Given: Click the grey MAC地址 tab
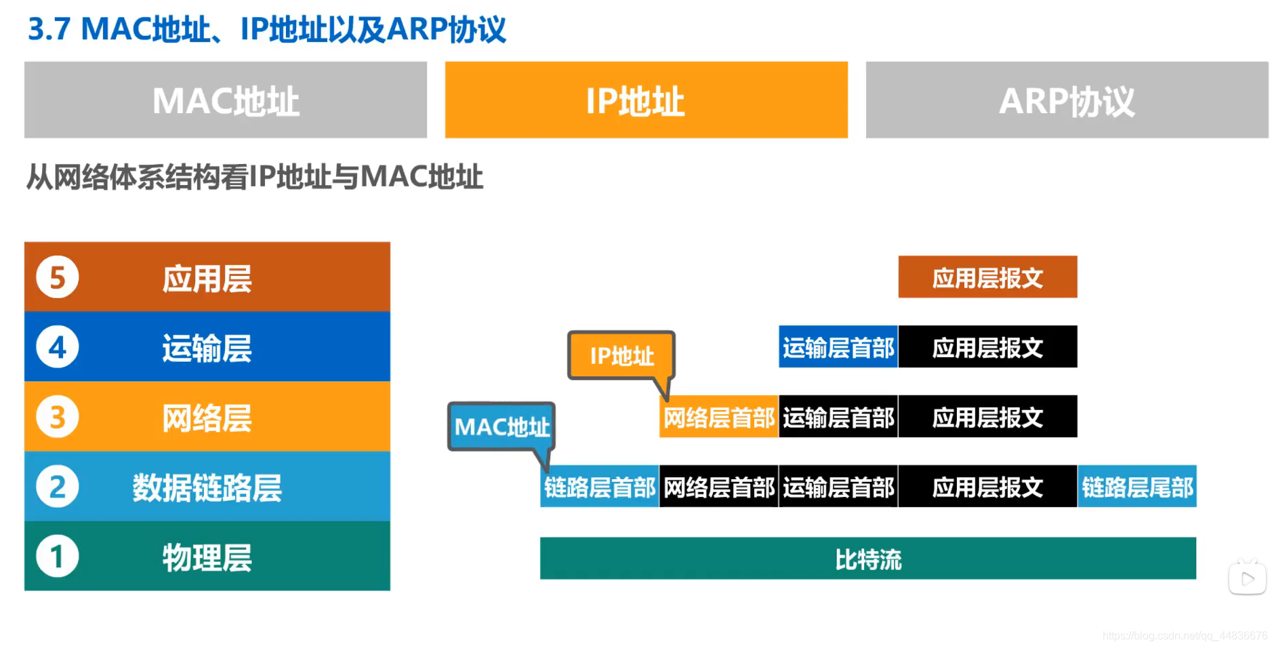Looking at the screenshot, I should tap(226, 100).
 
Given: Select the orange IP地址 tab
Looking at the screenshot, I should tap(646, 100).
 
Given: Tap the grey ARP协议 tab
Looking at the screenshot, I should tap(1067, 100).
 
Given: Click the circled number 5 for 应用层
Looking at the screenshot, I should tap(58, 277).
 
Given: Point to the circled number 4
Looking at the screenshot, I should tap(58, 347).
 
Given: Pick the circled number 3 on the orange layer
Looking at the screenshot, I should tap(58, 417).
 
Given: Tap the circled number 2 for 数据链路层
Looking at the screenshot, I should tap(58, 487).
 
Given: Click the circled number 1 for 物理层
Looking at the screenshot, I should tap(58, 556).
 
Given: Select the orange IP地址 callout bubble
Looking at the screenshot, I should tap(621, 355).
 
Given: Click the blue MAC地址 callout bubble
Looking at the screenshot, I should tap(501, 426).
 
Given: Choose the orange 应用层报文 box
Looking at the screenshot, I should tap(987, 277).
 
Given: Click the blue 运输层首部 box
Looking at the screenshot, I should tap(838, 347).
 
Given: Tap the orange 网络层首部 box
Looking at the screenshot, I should tap(718, 417).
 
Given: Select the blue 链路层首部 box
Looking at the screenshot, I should tap(599, 487).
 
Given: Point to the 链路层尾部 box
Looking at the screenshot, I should tap(1136, 487).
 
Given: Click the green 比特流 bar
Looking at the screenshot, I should tap(867, 559).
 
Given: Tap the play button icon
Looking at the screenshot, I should tap(1247, 579).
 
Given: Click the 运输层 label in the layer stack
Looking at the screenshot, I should tap(207, 348).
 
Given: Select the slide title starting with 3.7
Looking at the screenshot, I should tap(266, 29).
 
